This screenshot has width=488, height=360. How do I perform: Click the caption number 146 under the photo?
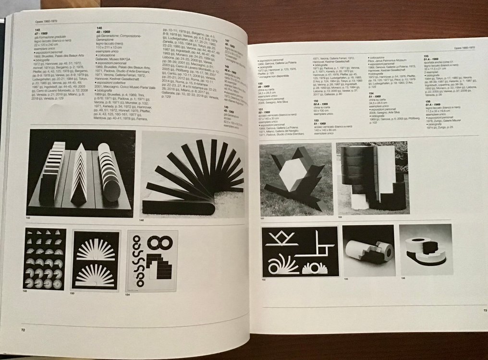[142, 220]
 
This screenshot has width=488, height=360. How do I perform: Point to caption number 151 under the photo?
[263, 218]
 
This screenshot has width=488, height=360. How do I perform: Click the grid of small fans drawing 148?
[44, 259]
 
